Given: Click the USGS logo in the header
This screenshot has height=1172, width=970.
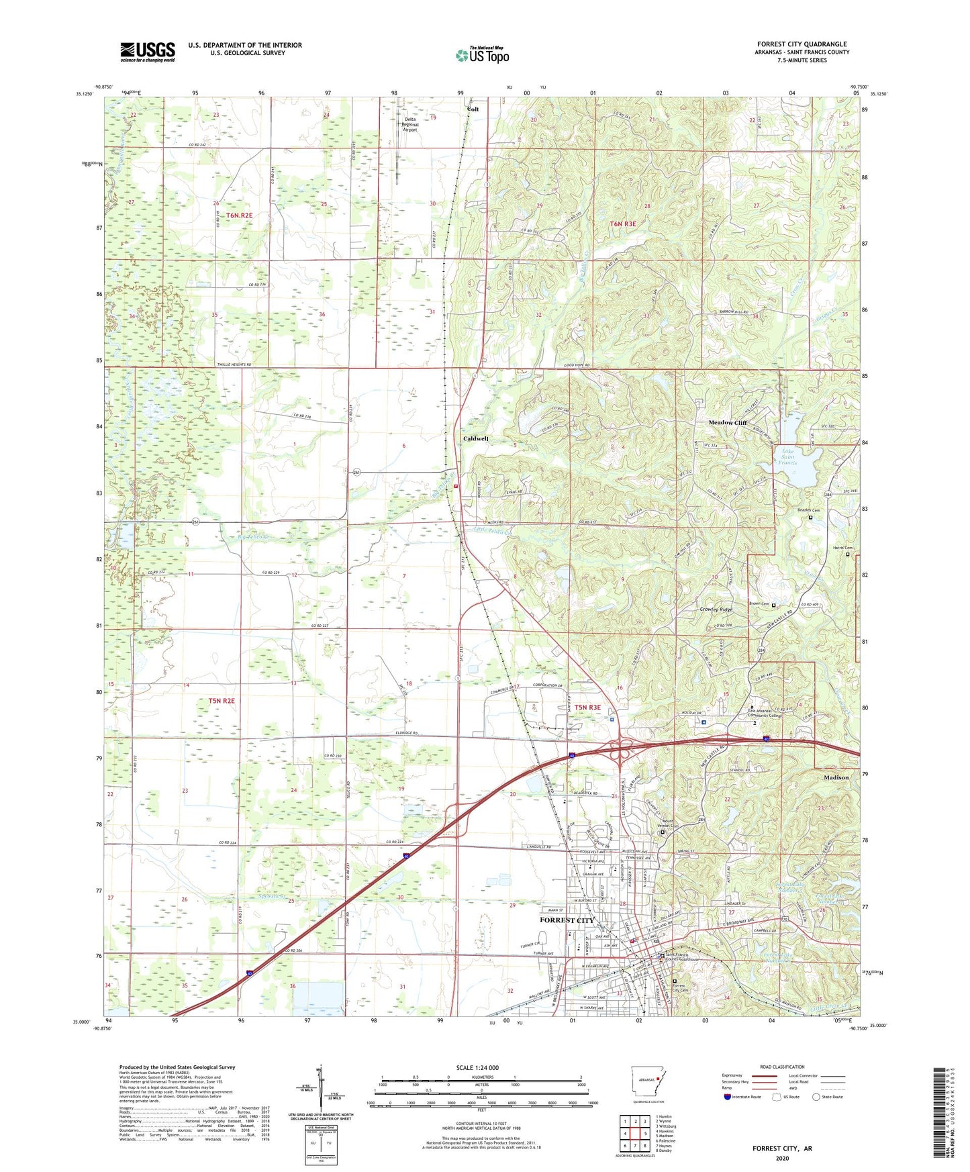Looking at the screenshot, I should pos(148,52).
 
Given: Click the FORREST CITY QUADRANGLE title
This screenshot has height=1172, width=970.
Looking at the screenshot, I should pos(802,44).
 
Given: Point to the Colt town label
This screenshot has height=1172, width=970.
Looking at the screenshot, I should pos(473,109).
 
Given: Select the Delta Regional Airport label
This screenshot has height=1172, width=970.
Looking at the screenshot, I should pos(410,124).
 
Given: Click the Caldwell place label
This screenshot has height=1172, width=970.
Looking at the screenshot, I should pos(476,438).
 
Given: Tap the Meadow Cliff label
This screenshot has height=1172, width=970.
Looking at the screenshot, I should pos(728,423).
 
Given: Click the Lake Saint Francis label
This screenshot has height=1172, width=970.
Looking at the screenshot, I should pos(787,457).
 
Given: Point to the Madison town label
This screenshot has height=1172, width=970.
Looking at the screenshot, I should pos(836,777).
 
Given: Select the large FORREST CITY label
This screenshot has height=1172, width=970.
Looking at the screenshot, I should pos(567,920).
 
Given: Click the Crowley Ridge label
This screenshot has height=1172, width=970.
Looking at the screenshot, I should pos(716,609).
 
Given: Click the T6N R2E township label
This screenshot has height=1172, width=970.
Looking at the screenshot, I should pos(239,215).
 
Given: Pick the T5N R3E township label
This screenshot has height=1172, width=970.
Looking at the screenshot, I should pos(587,707).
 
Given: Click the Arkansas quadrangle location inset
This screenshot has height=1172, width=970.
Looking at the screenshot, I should pos(648,1081).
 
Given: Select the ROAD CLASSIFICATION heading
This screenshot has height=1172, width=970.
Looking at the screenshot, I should pos(782,1067).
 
